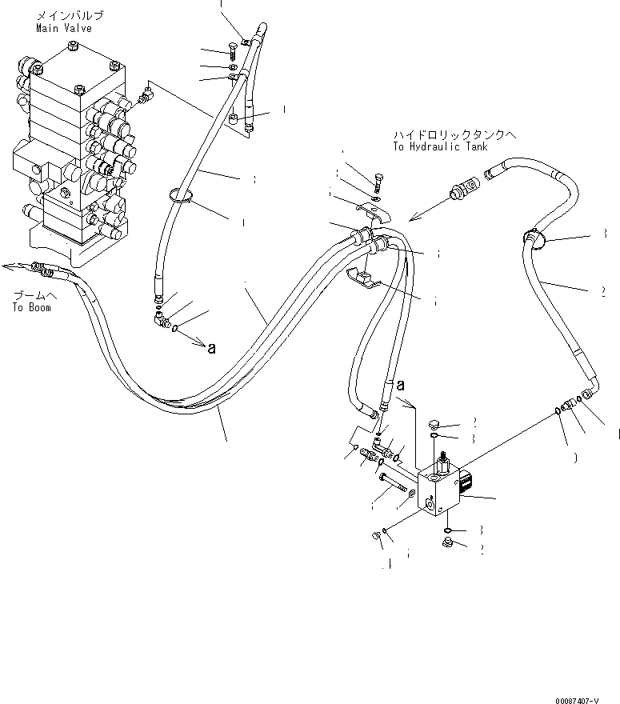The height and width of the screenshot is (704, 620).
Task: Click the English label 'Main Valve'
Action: tap(63, 28)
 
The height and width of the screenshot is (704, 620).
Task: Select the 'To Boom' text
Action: tap(31, 307)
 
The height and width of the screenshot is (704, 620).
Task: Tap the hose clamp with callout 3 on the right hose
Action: tap(533, 237)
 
